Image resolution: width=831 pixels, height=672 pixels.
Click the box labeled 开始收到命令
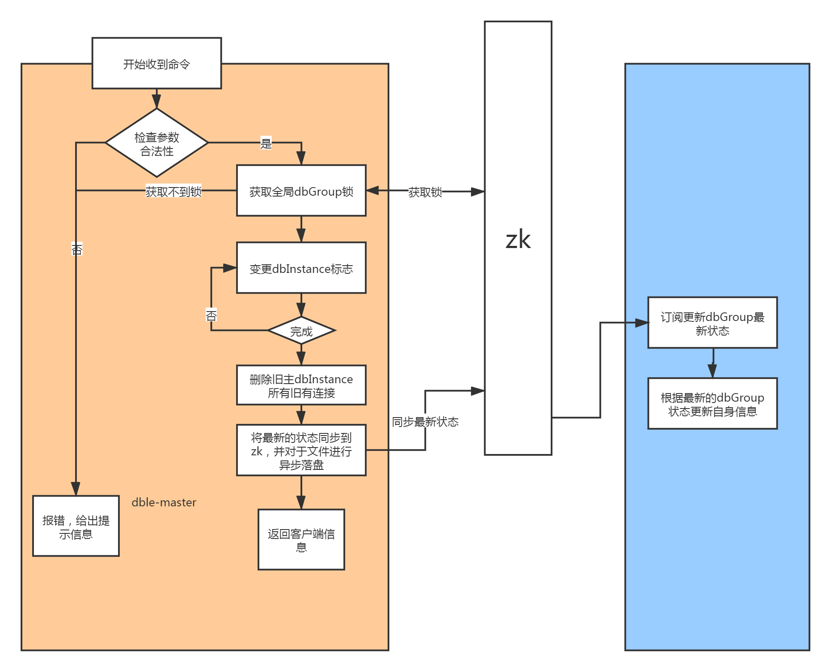click(157, 64)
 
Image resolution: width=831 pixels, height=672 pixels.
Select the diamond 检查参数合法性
click(157, 143)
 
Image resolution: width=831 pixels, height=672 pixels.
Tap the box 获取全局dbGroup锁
click(301, 191)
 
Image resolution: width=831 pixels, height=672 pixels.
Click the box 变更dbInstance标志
click(301, 268)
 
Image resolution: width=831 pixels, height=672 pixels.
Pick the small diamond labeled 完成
click(301, 330)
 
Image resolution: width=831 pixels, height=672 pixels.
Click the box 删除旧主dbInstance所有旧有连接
click(301, 385)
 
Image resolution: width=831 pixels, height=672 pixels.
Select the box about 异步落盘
click(301, 451)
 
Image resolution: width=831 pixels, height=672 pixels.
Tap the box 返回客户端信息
click(301, 540)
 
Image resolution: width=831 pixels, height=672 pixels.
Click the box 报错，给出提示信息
click(76, 527)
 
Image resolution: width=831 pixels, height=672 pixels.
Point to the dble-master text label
click(164, 502)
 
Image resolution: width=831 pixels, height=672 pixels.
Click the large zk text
click(518, 239)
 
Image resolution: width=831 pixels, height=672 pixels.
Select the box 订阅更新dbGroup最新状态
click(713, 323)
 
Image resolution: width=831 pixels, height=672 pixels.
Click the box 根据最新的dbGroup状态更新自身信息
click(713, 404)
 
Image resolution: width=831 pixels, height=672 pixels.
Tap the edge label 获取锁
click(425, 192)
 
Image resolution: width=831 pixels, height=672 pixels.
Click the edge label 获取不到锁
click(173, 191)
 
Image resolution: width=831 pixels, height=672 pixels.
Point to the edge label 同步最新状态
click(425, 422)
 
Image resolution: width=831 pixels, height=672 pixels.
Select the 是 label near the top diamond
click(266, 143)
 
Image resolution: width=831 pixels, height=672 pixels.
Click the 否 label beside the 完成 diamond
click(211, 315)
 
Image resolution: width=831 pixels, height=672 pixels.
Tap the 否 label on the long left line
click(76, 249)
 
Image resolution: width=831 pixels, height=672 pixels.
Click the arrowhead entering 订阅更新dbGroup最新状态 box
click(642, 323)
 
